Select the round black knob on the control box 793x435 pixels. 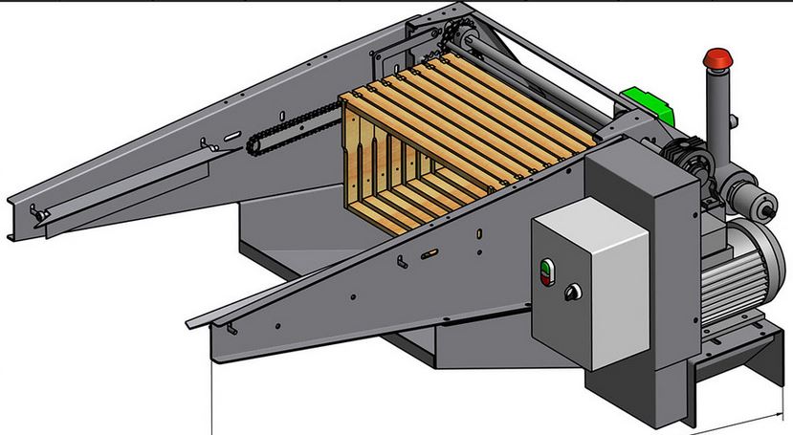coord(573,292)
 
